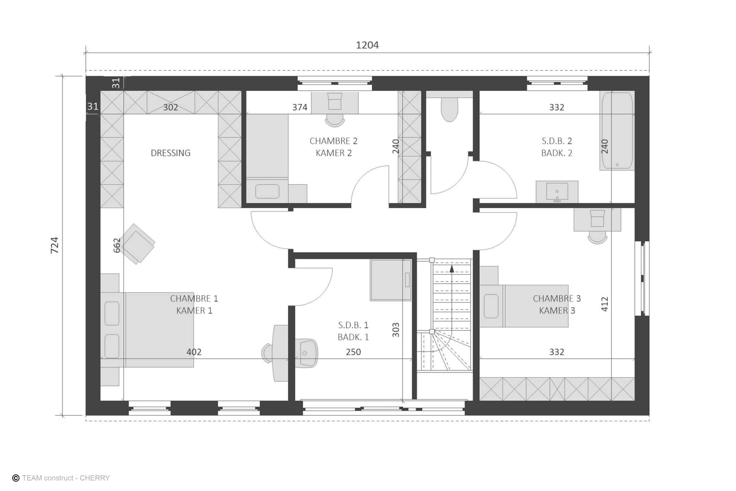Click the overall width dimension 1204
click(x=367, y=45)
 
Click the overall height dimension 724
click(x=54, y=245)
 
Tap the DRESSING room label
click(x=170, y=153)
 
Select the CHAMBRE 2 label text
click(x=333, y=141)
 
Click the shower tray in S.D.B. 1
click(x=391, y=280)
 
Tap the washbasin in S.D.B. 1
click(x=307, y=353)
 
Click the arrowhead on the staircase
click(x=452, y=269)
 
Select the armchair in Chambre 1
click(x=138, y=244)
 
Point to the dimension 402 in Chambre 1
click(x=194, y=352)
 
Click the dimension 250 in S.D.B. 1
click(x=353, y=352)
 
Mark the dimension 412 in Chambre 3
click(x=605, y=304)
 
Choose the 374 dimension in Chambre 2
click(x=300, y=107)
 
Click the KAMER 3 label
click(x=557, y=310)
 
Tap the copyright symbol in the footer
click(x=16, y=478)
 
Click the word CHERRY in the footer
click(x=95, y=478)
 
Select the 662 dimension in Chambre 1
click(x=116, y=245)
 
